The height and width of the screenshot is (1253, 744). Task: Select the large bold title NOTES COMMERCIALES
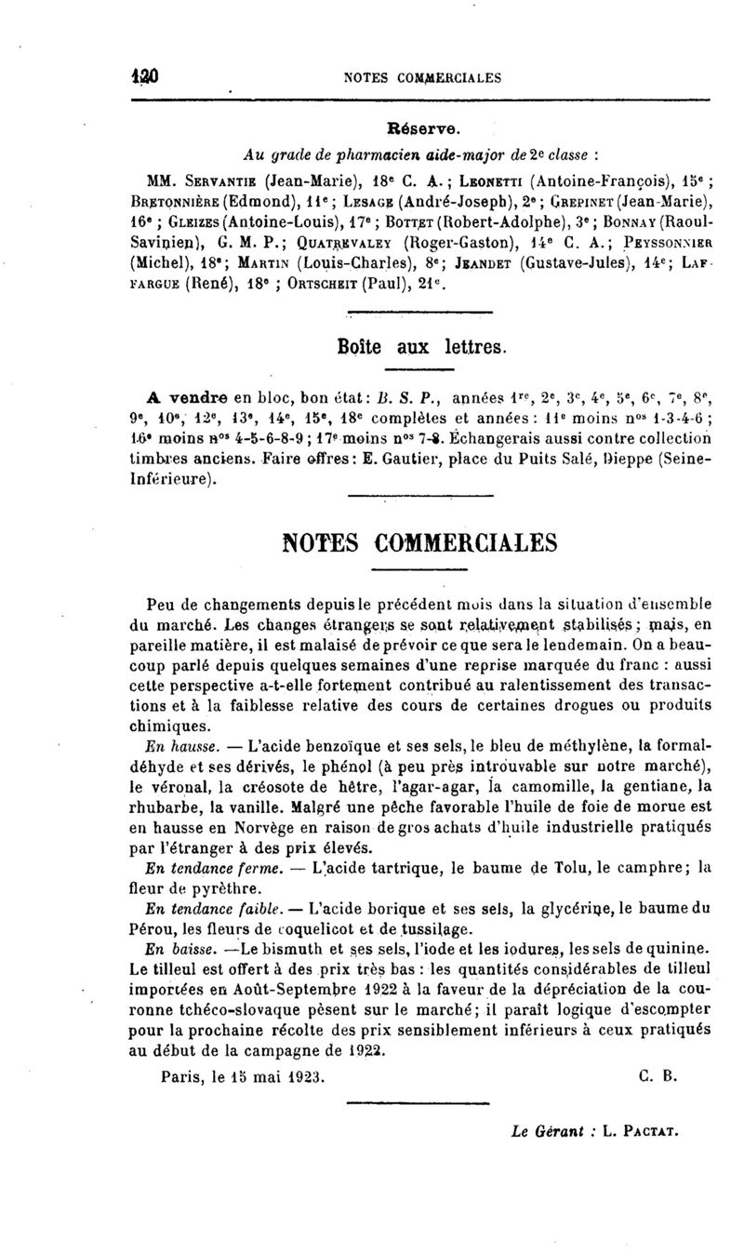[370, 542]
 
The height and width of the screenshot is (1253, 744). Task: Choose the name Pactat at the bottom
[653, 1133]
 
